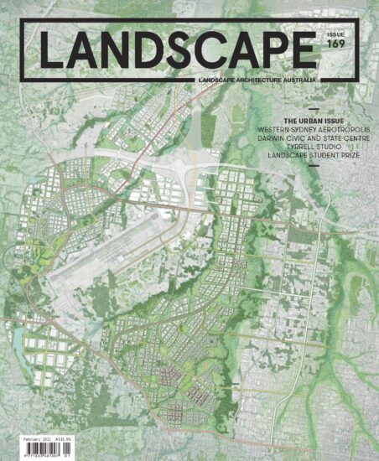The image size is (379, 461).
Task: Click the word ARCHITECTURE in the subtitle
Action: tap(256, 80)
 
